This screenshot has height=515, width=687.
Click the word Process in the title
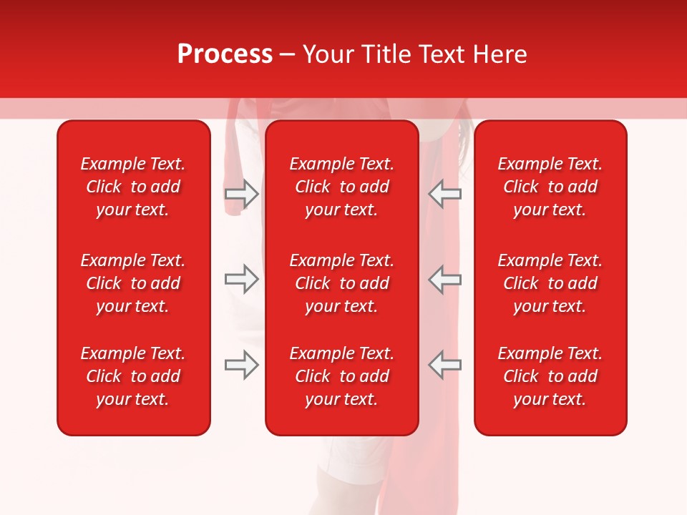pos(225,54)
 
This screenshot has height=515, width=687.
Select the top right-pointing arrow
pos(241,194)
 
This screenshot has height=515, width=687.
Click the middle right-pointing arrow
pos(241,279)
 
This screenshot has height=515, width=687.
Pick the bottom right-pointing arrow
pos(241,364)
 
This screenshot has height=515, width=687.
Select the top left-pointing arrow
pos(445,194)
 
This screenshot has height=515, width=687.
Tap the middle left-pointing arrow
pos(445,279)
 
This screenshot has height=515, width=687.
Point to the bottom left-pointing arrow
pos(445,364)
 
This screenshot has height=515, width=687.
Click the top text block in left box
pos(133,187)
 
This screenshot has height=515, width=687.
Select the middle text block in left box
pos(133,283)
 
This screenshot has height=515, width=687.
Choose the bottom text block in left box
pos(133,376)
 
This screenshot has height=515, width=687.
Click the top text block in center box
pos(341,187)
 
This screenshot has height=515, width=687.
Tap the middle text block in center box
pos(341,283)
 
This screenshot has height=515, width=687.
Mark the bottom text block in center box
pos(341,376)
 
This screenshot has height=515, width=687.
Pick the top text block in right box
pos(550,187)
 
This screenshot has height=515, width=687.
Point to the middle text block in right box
pos(550,283)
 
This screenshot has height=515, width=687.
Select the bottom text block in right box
pos(550,376)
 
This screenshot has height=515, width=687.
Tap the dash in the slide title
pos(288,55)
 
